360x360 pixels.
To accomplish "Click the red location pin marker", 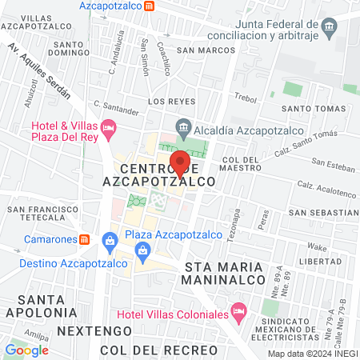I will coord(181,162).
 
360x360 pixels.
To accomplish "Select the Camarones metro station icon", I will coord(84,239).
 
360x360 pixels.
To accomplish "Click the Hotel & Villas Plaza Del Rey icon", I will coord(110,127).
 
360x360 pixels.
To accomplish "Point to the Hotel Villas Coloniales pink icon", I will coord(237,310).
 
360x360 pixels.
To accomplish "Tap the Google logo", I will coord(26,350).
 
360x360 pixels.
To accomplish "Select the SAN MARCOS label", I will coord(206,50).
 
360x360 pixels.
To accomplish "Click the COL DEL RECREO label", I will coord(158,350).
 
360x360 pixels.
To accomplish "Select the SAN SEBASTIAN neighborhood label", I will coord(324,213).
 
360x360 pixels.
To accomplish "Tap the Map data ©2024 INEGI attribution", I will coord(311,354).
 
